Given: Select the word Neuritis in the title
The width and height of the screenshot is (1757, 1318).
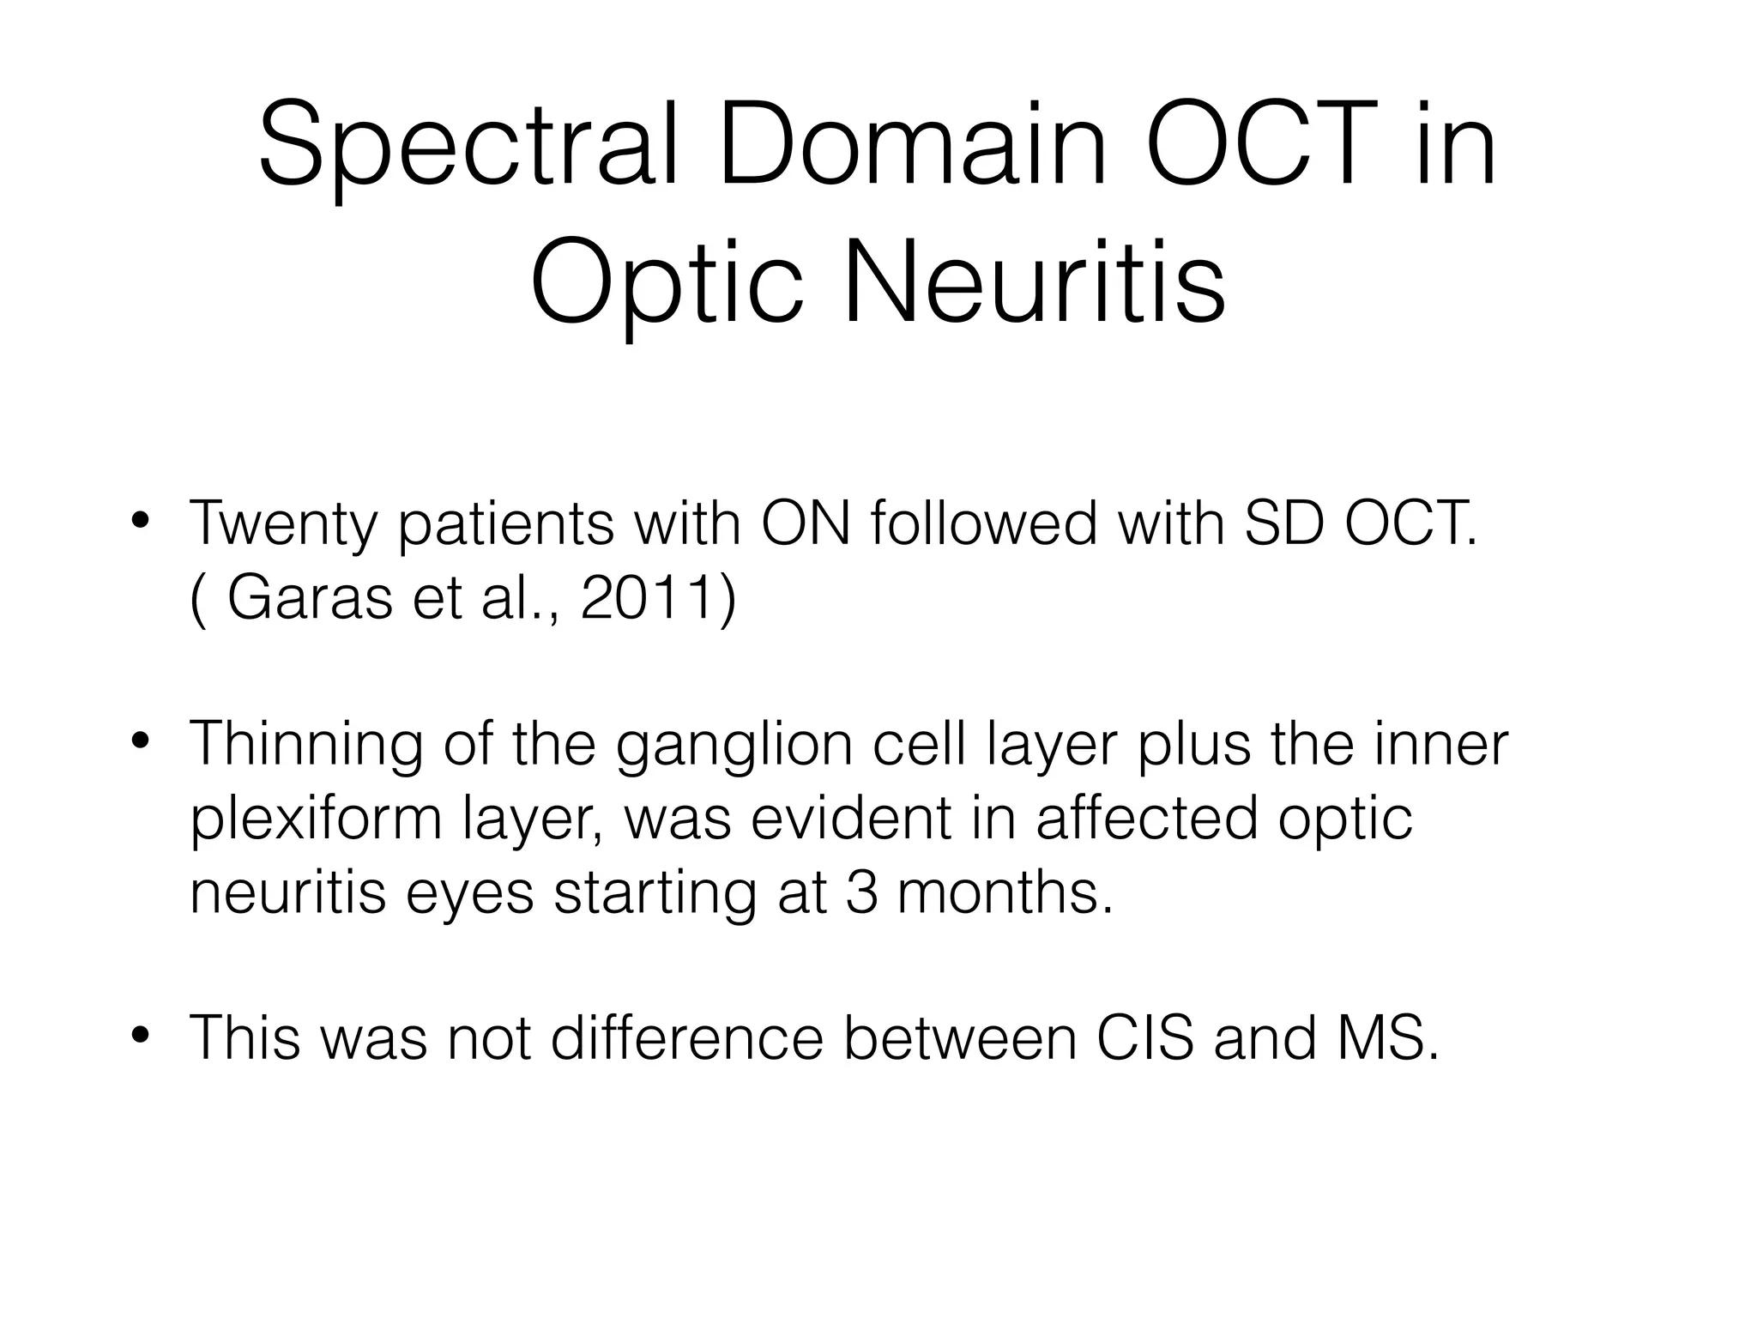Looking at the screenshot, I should (x=1034, y=283).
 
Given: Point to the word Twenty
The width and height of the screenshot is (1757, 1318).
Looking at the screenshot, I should (x=283, y=525).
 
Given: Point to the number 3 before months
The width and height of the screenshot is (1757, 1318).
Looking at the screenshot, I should (x=861, y=892).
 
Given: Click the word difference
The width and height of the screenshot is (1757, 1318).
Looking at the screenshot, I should (x=686, y=1038).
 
